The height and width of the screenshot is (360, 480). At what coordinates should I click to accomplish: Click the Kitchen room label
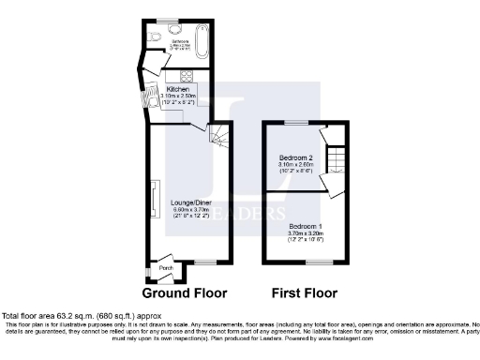tap(177, 90)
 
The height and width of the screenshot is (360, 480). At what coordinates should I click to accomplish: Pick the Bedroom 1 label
tap(306, 226)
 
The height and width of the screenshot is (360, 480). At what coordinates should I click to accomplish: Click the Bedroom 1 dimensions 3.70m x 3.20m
tap(306, 233)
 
